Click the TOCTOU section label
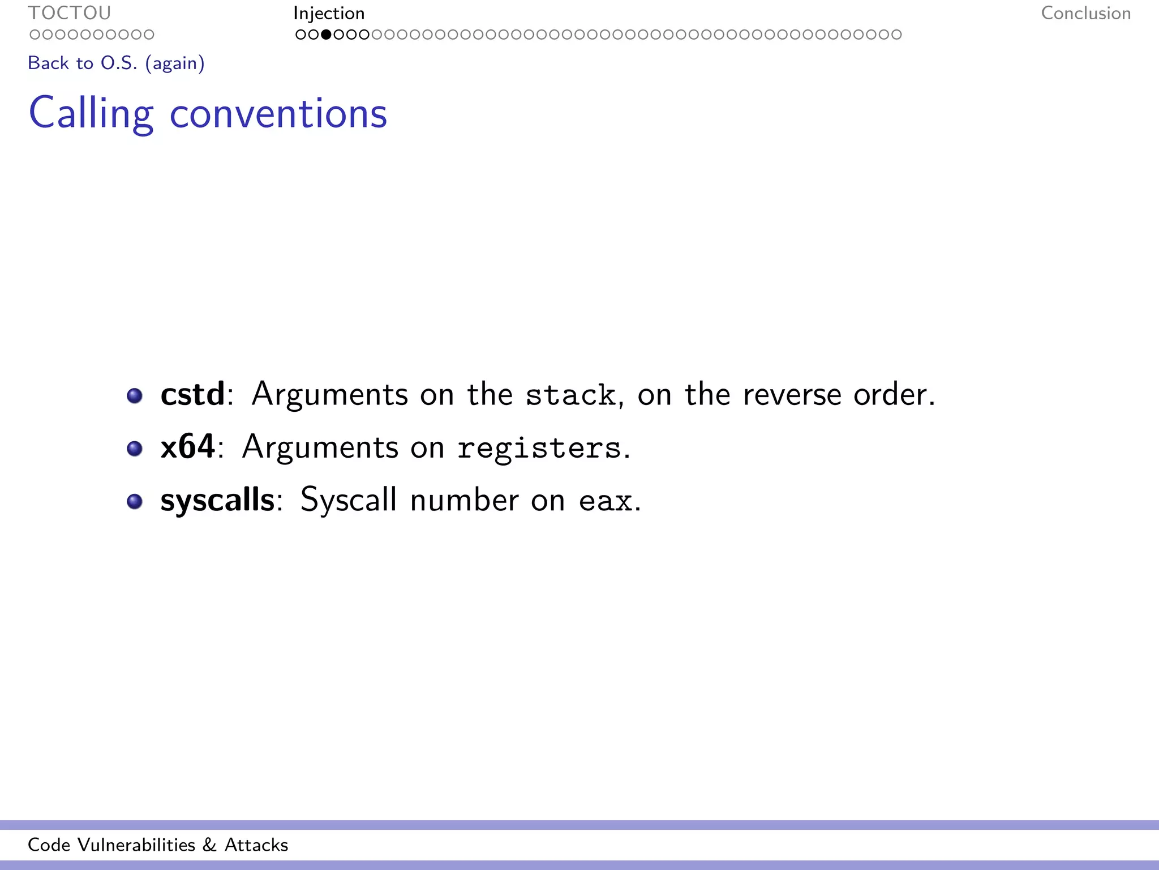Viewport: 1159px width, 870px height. click(70, 13)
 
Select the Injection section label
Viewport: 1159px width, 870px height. click(329, 13)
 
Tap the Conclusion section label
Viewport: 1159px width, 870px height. click(1085, 13)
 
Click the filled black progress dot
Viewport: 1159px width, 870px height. click(326, 35)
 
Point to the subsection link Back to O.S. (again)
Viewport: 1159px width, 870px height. click(116, 63)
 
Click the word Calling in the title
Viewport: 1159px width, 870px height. click(91, 113)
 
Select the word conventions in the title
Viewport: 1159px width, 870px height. click(278, 113)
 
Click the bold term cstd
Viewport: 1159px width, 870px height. click(192, 394)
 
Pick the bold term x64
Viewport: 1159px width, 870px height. click(187, 446)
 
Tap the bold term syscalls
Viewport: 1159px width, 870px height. click(217, 500)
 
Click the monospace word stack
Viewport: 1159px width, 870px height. click(570, 395)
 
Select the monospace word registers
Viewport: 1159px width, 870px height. click(539, 447)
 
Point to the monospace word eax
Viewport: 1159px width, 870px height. click(605, 501)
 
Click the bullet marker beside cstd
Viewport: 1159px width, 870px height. click(135, 395)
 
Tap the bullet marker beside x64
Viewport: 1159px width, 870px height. click(135, 449)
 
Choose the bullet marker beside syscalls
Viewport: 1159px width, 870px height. click(135, 501)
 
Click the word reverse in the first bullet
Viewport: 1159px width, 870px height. click(792, 395)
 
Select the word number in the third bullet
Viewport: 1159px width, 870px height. click(463, 501)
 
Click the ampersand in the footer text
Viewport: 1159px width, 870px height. click(209, 845)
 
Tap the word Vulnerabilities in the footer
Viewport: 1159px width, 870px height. click(136, 845)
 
